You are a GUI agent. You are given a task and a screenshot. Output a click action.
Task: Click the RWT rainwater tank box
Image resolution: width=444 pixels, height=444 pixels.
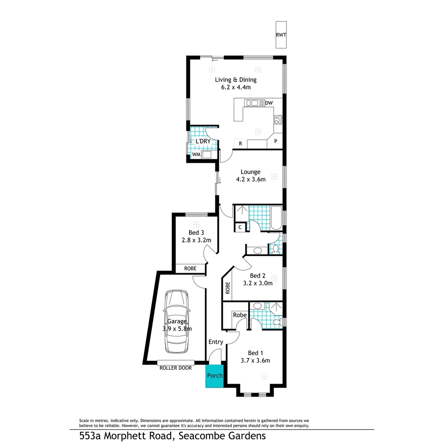tap(281, 35)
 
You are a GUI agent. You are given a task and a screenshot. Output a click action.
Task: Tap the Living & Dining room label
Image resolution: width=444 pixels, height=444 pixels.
tap(236, 80)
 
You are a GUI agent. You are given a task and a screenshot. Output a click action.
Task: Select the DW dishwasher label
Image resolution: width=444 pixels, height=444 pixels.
tap(269, 103)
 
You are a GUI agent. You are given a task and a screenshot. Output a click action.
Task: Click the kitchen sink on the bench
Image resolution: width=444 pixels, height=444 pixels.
tap(251, 103)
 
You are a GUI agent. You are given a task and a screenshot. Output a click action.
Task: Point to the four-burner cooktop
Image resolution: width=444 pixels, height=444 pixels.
tap(278, 120)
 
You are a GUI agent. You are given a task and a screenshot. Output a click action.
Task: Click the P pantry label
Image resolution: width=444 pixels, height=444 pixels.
tap(275, 141)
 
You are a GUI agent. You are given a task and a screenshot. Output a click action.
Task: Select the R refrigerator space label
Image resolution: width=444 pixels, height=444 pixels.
tap(240, 143)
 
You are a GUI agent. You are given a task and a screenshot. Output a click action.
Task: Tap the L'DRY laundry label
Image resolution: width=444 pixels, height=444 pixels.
tap(203, 141)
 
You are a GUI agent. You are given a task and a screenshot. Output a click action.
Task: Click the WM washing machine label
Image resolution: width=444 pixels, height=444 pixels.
tap(196, 155)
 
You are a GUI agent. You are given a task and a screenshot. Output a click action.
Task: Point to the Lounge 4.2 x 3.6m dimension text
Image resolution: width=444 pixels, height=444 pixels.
tap(250, 179)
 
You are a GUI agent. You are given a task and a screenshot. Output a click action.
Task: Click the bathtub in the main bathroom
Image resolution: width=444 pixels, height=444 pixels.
tap(276, 218)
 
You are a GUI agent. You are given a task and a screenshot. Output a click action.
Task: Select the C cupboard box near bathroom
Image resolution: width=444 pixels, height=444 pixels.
tap(240, 227)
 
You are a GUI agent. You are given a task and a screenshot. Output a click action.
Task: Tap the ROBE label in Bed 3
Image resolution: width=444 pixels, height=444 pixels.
tap(190, 268)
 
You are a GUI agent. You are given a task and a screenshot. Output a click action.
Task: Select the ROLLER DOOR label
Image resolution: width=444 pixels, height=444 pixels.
tap(176, 368)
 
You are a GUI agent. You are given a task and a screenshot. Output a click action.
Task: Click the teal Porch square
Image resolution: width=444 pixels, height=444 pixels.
tap(215, 376)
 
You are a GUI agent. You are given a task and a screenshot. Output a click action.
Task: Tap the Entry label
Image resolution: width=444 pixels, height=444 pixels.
tap(216, 342)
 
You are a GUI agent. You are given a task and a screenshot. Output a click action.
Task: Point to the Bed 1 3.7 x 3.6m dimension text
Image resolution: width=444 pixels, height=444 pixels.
tap(255, 361)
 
